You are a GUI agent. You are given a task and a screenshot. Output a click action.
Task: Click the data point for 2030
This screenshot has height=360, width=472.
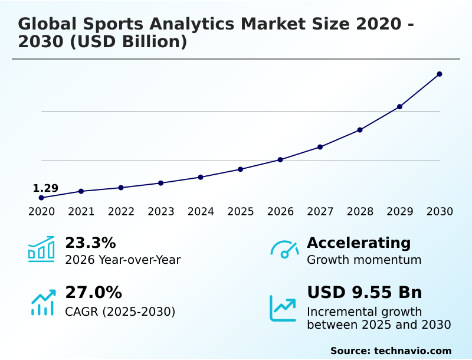440,74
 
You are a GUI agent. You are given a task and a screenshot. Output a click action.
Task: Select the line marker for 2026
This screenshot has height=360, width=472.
280,159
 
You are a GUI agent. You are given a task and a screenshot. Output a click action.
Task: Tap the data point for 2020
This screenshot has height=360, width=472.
41,198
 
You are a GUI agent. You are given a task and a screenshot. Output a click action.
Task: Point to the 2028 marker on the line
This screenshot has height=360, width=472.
360,130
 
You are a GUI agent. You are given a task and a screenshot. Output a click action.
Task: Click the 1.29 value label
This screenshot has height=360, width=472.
45,188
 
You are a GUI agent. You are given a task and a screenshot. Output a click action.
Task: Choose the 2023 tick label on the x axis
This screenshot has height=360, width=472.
160,211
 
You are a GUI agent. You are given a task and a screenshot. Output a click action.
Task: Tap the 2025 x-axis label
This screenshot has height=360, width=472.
241,211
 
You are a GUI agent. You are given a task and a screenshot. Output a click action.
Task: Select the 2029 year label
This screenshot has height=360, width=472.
399,211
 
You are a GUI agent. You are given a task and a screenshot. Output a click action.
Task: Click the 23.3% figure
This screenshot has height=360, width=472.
90,243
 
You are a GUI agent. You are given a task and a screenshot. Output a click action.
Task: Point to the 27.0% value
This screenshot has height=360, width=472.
93,292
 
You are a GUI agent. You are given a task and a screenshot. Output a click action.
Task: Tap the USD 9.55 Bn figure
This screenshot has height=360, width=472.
365,292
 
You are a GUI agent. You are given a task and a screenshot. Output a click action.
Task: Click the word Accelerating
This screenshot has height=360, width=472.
359,243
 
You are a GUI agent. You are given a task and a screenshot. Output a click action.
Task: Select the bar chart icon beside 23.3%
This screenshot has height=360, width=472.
41,249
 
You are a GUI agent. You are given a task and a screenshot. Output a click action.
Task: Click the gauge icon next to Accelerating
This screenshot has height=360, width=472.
284,249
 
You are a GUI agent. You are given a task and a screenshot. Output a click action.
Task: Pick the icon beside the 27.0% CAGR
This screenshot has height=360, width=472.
42,302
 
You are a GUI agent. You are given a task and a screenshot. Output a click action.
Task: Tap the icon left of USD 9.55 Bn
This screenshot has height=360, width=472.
283,308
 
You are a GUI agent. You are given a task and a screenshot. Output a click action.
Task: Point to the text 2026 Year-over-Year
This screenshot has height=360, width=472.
123,260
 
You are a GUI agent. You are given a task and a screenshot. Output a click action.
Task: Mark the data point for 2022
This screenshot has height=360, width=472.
121,188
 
